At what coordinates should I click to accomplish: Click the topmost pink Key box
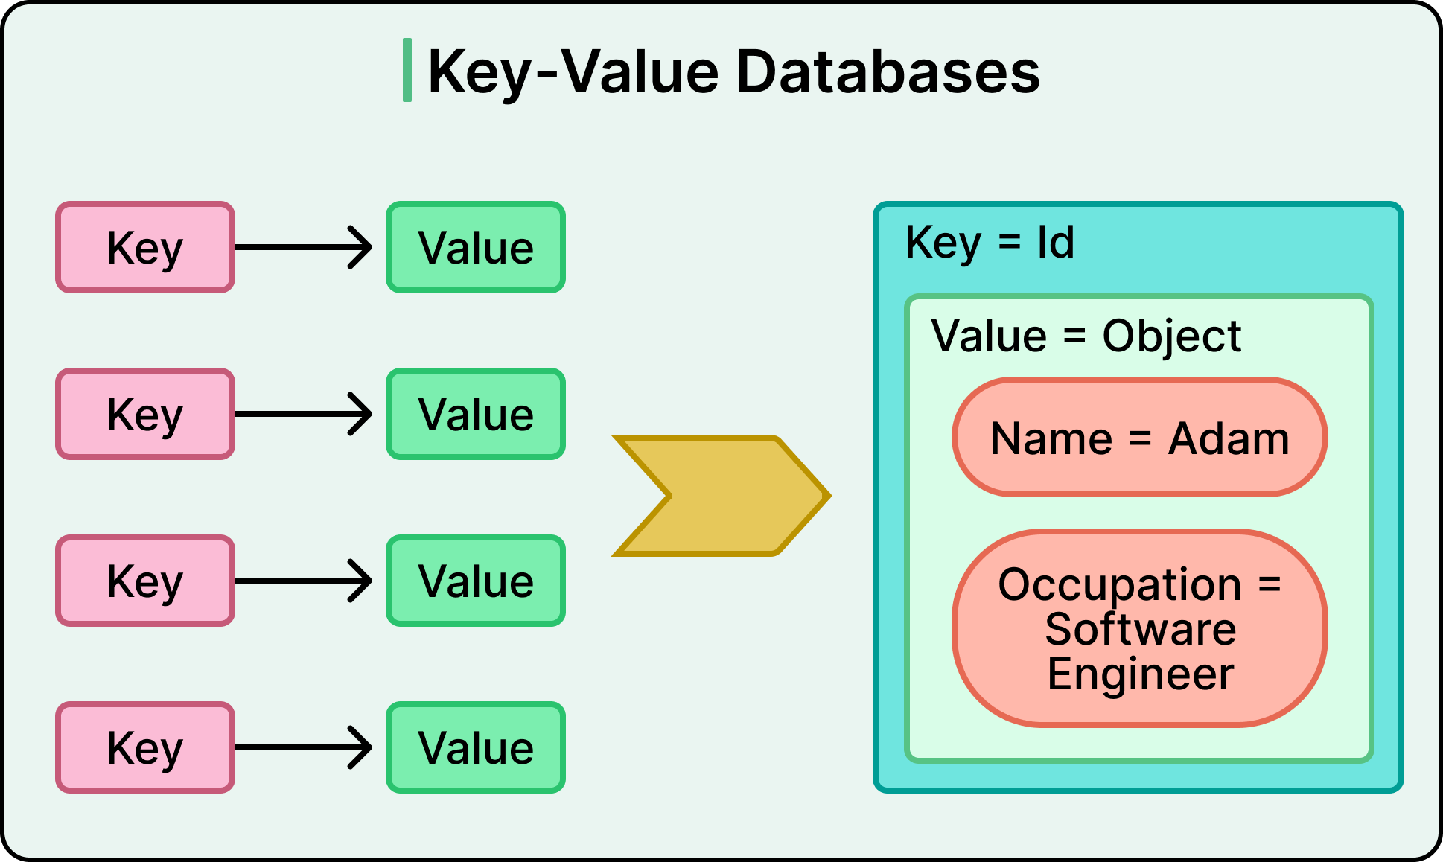[x=145, y=247]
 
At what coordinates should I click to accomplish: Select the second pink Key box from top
[x=145, y=414]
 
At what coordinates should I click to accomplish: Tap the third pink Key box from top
[x=145, y=581]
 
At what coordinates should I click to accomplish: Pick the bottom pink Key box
[x=145, y=747]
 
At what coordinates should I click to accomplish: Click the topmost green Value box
[x=476, y=247]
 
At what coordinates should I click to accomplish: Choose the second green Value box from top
[x=476, y=414]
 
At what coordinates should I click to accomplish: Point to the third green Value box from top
[x=476, y=581]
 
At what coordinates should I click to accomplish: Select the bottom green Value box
[x=476, y=747]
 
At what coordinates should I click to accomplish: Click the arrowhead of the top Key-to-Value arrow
[x=363, y=247]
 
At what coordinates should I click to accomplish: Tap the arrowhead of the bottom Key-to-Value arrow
[x=363, y=747]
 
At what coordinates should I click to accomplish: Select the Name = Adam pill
[x=1139, y=437]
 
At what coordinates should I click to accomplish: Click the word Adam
[x=1229, y=438]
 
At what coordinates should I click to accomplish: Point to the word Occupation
[x=1119, y=584]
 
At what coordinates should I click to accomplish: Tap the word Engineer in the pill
[x=1140, y=674]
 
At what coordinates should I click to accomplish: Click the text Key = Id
[x=990, y=243]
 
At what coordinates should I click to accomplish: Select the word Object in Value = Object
[x=1171, y=336]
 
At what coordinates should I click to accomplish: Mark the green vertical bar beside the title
[x=407, y=70]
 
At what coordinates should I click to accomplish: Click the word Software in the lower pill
[x=1140, y=629]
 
